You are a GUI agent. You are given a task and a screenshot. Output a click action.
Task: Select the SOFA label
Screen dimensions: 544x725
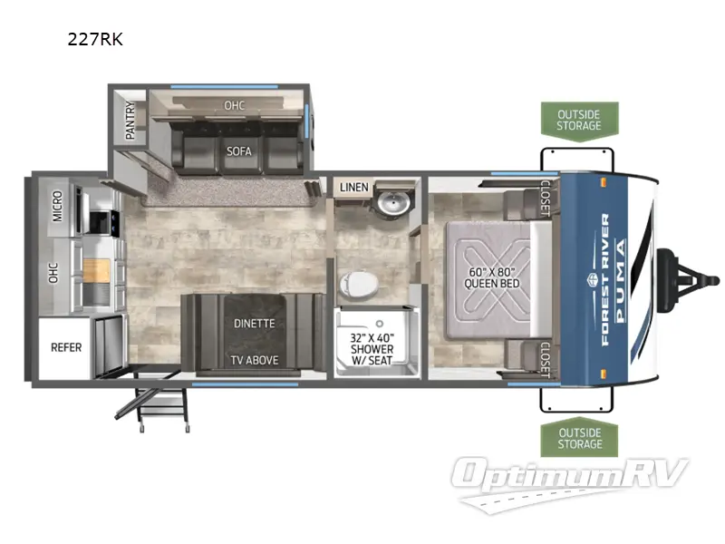(238, 151)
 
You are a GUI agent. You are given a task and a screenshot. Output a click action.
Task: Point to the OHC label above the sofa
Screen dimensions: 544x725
(234, 106)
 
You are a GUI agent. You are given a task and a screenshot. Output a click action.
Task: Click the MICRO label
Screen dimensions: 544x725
(56, 206)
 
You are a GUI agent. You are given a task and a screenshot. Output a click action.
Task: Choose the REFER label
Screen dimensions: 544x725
(65, 346)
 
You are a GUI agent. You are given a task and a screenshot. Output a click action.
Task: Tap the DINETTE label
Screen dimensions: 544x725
(253, 324)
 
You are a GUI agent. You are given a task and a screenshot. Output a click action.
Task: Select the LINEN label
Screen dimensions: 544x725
(354, 188)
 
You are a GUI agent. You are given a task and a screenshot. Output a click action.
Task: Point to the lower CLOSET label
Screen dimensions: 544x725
(545, 359)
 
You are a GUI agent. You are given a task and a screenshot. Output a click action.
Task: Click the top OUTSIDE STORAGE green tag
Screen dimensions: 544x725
(579, 120)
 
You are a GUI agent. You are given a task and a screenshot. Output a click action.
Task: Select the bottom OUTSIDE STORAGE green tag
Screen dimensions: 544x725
(579, 438)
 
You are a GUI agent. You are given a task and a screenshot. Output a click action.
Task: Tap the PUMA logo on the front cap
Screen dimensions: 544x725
(620, 277)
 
